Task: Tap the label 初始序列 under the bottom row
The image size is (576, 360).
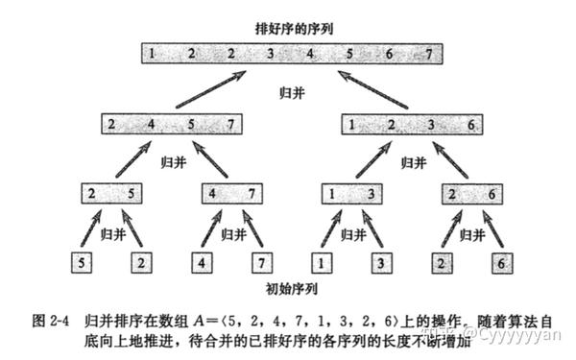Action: click(x=288, y=287)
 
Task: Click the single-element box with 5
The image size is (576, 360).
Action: click(x=83, y=261)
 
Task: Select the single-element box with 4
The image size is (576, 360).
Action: click(x=202, y=261)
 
